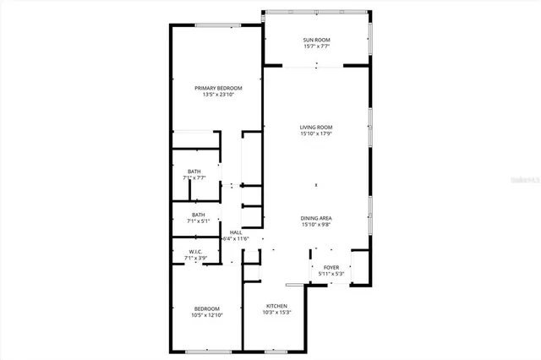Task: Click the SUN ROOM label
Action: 316,41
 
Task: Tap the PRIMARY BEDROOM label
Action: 218,89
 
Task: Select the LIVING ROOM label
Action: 315,128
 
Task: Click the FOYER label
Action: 331,268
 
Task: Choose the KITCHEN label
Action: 277,306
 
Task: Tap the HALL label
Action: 236,233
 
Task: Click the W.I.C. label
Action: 195,252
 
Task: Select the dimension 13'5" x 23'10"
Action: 218,95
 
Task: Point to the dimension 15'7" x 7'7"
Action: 316,47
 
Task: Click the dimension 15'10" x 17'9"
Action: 315,134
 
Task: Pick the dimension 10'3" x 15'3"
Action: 277,313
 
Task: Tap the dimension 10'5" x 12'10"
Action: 207,315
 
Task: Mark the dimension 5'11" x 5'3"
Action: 331,275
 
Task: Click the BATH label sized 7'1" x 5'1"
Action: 198,215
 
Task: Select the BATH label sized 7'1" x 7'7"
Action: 194,172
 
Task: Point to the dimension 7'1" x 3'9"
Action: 195,259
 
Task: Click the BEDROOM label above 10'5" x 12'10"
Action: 207,308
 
